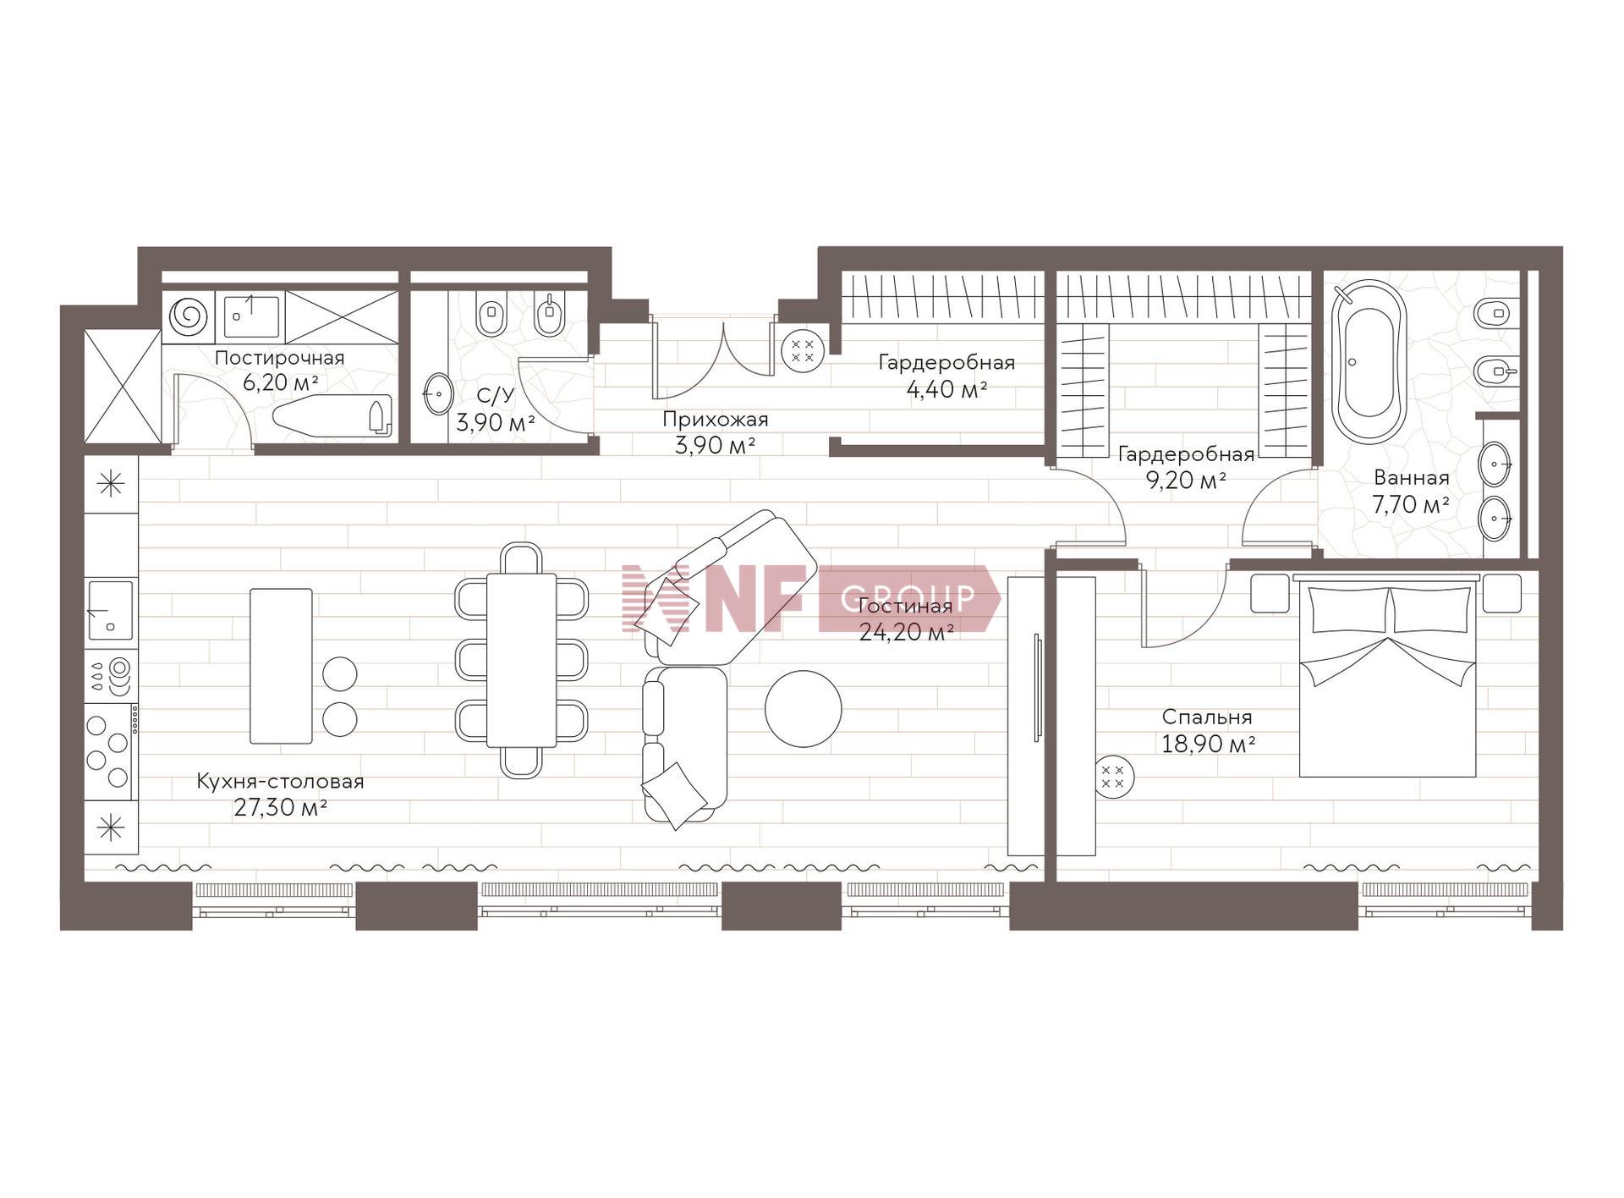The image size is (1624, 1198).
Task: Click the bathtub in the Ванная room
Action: click(1369, 361)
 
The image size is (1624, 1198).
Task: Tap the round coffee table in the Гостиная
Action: click(803, 709)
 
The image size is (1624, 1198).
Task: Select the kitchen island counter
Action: click(281, 666)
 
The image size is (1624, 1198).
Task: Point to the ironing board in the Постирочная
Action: click(332, 415)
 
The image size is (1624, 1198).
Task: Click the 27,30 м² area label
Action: click(281, 808)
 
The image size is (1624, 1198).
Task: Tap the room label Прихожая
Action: click(716, 420)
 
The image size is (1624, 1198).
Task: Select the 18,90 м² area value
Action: click(1208, 745)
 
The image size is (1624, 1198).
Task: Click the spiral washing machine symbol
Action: click(188, 316)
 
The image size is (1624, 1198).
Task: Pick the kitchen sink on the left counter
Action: click(111, 610)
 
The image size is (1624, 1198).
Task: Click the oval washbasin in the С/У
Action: click(438, 393)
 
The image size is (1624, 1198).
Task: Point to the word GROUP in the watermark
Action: click(908, 597)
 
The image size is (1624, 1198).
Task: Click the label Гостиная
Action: click(905, 606)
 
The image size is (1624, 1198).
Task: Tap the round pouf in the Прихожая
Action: click(802, 350)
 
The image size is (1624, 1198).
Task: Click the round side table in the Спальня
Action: click(1114, 776)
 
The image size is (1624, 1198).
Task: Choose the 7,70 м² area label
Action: click(1411, 505)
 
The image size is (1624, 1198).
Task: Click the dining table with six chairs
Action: click(521, 660)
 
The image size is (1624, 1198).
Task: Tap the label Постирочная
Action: click(280, 358)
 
